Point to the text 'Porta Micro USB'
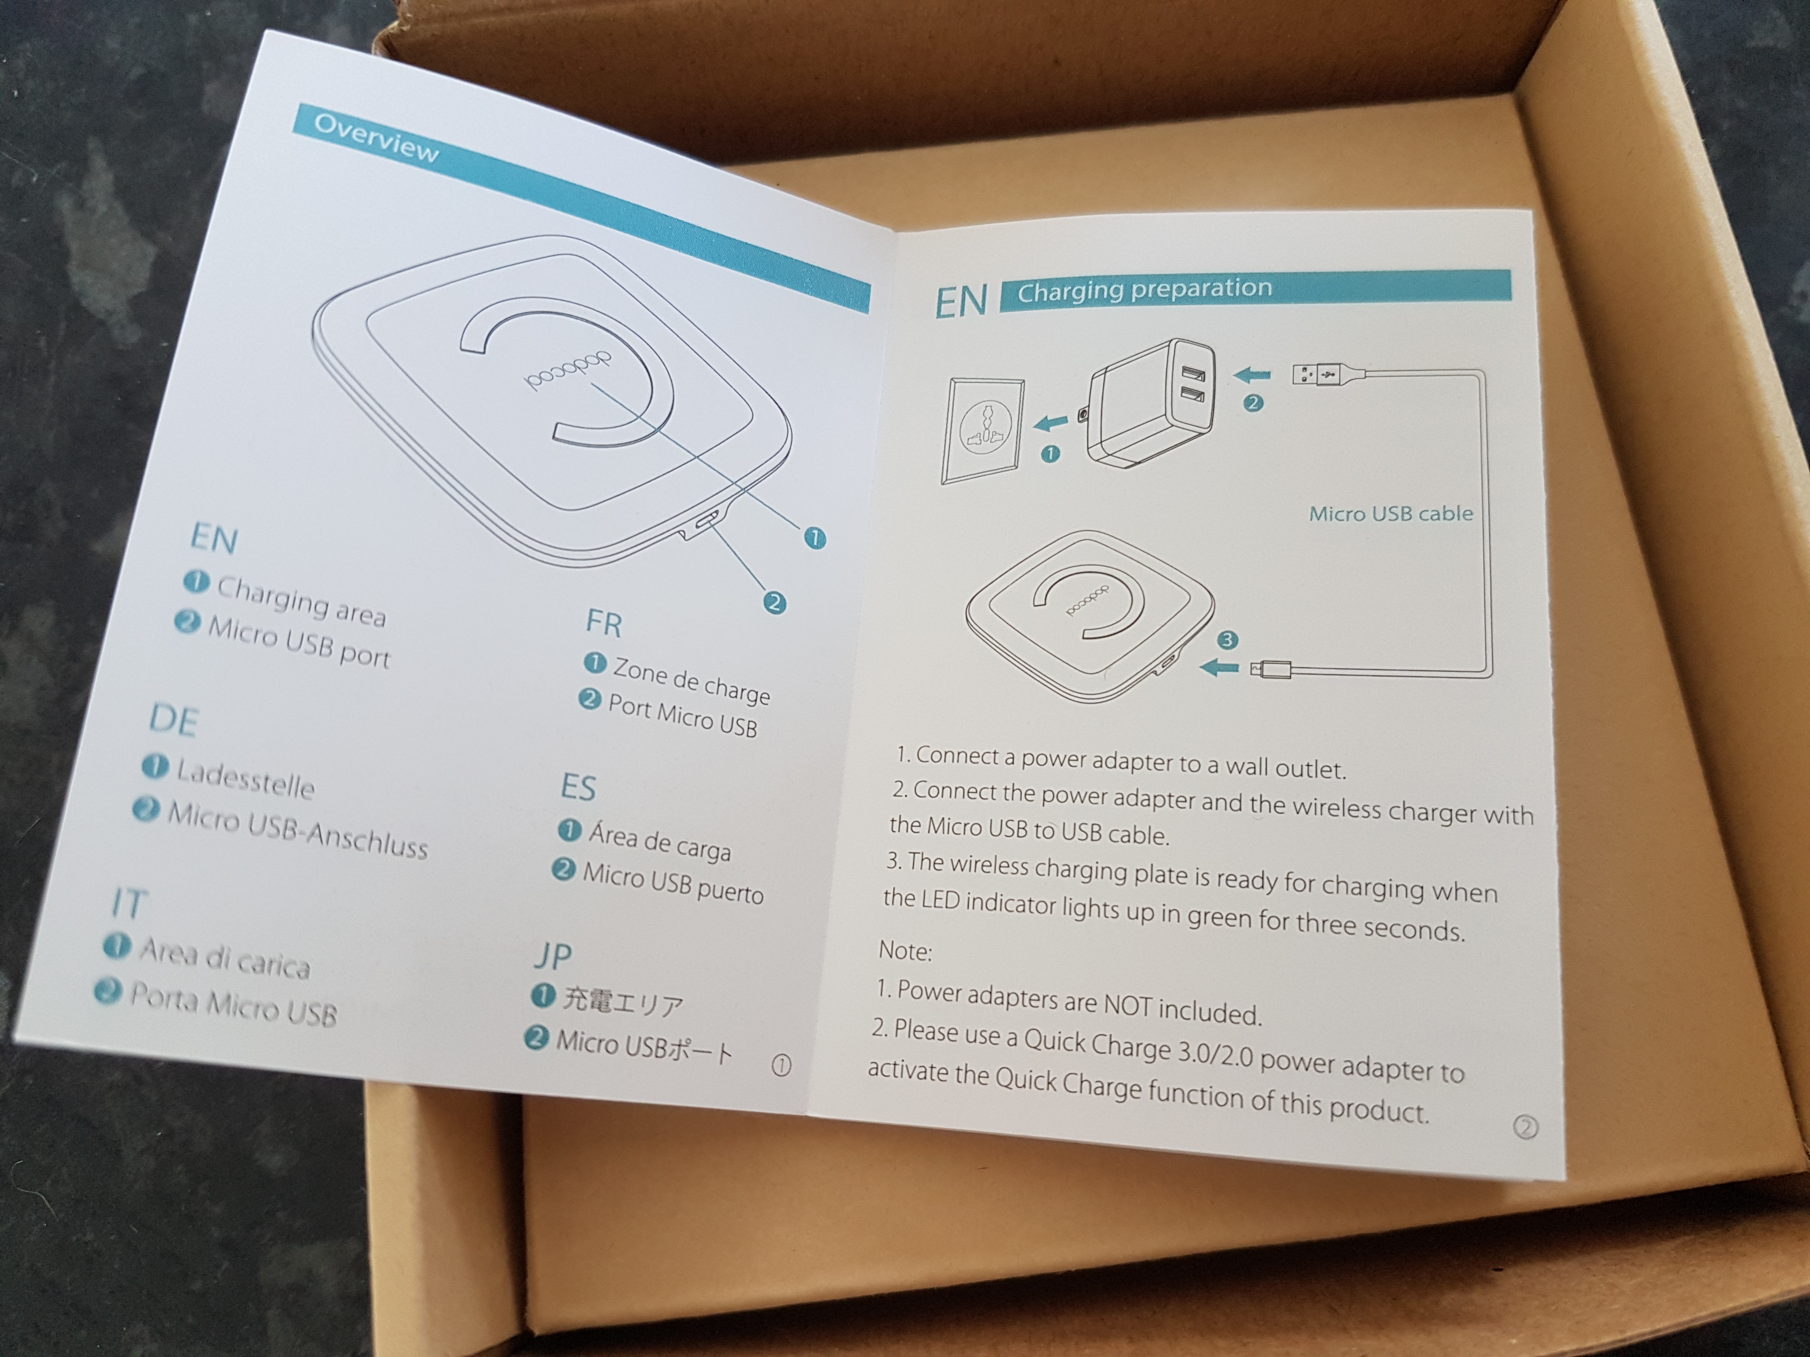(233, 1004)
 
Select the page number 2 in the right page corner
(1526, 1128)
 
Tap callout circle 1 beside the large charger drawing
(815, 538)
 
